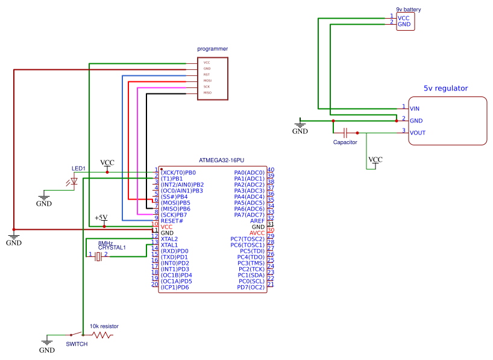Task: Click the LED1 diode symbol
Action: pyautogui.click(x=75, y=180)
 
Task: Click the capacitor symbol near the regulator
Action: pyautogui.click(x=345, y=132)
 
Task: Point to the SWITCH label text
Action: pyautogui.click(x=77, y=344)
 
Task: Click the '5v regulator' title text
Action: pyautogui.click(x=445, y=88)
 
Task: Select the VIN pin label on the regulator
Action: pyautogui.click(x=415, y=109)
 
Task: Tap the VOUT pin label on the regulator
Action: pyautogui.click(x=418, y=133)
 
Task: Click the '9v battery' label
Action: pyautogui.click(x=408, y=10)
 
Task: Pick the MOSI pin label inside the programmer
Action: pyautogui.click(x=207, y=80)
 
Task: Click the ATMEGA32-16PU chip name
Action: pyautogui.click(x=225, y=160)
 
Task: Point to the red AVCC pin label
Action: pyautogui.click(x=257, y=233)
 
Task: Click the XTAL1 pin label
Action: pyautogui.click(x=169, y=245)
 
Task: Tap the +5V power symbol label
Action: pyautogui.click(x=101, y=217)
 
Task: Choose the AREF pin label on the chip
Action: pyautogui.click(x=257, y=221)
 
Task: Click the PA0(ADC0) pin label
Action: pyautogui.click(x=249, y=172)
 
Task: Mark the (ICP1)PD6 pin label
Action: pyautogui.click(x=175, y=287)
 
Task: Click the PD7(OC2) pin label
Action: pyautogui.click(x=251, y=287)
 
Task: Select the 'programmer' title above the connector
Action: pyautogui.click(x=212, y=48)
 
